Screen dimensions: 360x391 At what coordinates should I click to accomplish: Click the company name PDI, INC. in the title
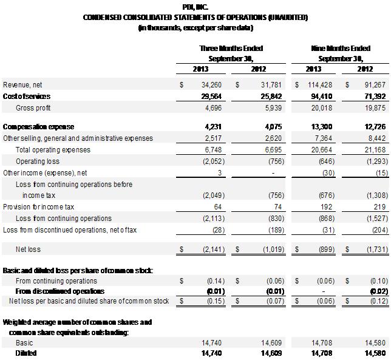(x=195, y=6)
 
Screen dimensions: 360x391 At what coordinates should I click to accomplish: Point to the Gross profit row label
(x=33, y=107)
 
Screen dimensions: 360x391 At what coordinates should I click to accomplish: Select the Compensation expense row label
(x=38, y=127)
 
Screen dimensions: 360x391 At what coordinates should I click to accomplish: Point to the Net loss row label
(x=28, y=250)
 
